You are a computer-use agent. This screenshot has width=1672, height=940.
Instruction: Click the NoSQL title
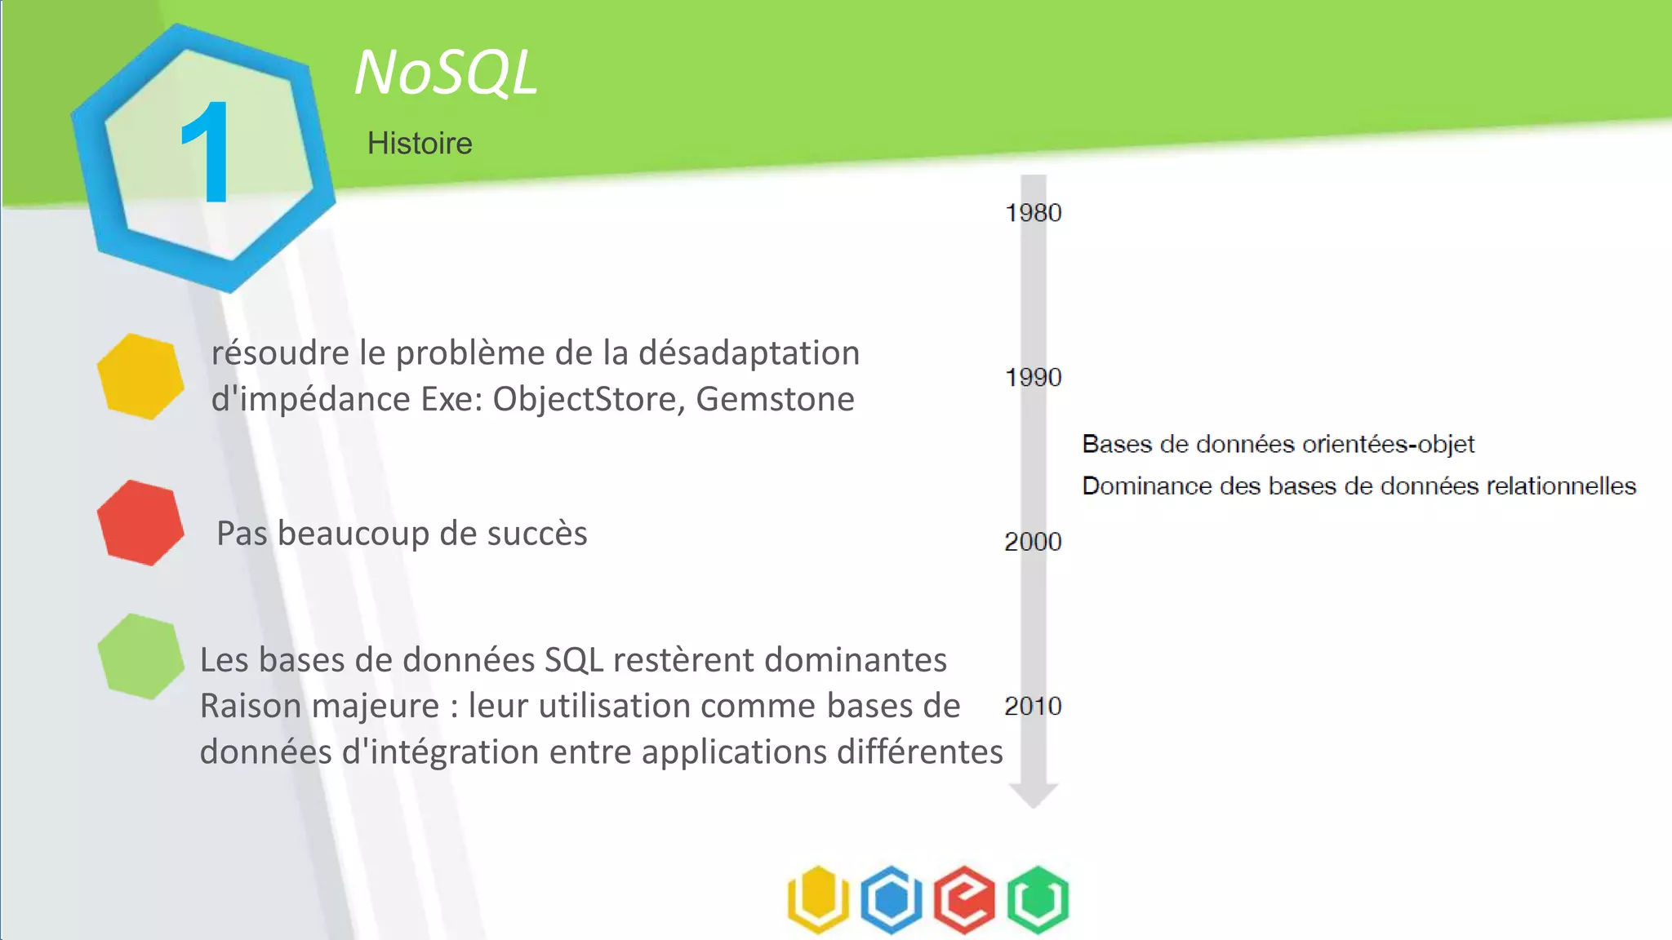(x=446, y=73)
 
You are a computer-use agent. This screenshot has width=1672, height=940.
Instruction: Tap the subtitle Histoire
(x=420, y=144)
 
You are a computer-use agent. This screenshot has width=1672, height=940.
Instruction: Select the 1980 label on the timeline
(x=1033, y=213)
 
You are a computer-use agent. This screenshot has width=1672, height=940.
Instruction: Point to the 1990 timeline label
(x=1033, y=378)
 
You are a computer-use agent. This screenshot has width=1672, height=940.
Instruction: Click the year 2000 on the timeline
(x=1033, y=542)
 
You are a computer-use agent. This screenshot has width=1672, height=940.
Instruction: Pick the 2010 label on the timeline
(x=1033, y=706)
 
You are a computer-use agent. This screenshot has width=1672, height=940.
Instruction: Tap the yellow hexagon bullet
(x=140, y=376)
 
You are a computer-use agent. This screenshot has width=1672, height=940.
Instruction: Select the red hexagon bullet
(x=140, y=523)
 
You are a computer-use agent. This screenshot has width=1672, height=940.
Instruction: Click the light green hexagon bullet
(x=140, y=657)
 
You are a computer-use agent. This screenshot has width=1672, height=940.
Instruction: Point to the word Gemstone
(x=775, y=399)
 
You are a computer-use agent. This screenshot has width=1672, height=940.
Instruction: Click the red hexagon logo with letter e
(x=964, y=899)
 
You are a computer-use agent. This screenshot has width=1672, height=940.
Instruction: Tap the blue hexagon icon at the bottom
(x=892, y=899)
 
